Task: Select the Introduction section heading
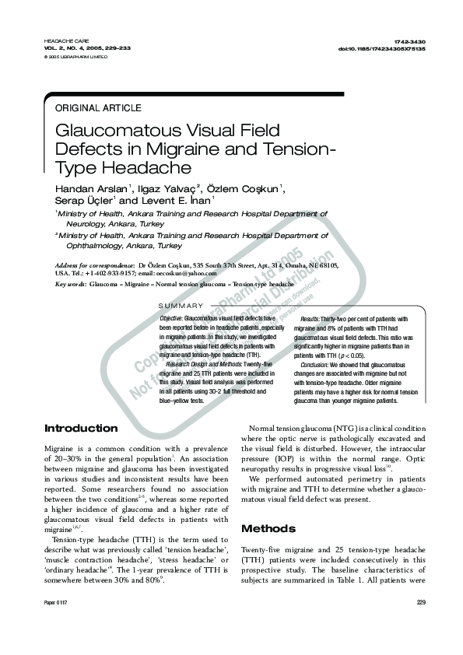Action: click(82, 429)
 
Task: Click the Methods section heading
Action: click(268, 528)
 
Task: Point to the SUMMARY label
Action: click(181, 306)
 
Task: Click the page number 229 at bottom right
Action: click(421, 602)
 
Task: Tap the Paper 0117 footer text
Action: click(57, 602)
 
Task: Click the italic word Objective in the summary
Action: click(171, 319)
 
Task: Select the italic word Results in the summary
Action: click(309, 319)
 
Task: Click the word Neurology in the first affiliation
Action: click(86, 222)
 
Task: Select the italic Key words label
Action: click(70, 285)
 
